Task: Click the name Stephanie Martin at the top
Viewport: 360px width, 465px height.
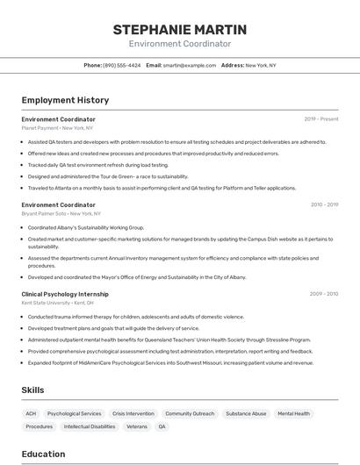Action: point(180,30)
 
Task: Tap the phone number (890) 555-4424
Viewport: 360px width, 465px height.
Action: point(121,65)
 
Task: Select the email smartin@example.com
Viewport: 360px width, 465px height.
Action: point(188,65)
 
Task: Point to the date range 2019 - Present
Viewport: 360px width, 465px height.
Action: point(321,119)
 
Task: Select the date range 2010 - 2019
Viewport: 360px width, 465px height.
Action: point(324,204)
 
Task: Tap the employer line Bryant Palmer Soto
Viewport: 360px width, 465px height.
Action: point(61,213)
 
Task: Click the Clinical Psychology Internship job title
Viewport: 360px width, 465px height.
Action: point(65,294)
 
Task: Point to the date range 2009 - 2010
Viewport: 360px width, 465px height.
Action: point(324,294)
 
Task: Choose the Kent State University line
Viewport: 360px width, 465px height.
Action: point(58,303)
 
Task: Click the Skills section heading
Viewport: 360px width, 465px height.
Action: point(33,390)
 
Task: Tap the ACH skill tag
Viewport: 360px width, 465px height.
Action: point(31,413)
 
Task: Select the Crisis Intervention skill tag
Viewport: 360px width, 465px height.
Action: point(133,413)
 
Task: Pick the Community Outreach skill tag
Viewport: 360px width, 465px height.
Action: point(190,413)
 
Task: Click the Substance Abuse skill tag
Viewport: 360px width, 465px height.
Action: point(246,413)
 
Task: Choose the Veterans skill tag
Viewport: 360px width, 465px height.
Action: point(137,426)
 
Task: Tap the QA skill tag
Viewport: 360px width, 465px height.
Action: point(162,426)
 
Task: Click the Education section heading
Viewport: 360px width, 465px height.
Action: point(43,454)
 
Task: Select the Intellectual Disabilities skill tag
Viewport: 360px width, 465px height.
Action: point(90,426)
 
